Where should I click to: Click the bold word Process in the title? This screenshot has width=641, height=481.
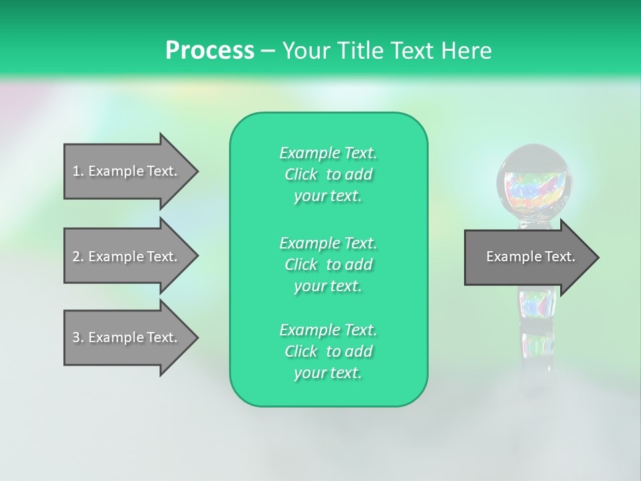[210, 50]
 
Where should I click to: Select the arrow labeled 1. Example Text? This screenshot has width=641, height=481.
[127, 171]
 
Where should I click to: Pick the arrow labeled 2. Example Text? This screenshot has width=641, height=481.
[127, 257]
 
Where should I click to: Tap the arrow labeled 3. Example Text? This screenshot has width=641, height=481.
[127, 337]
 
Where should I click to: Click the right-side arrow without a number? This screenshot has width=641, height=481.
[527, 257]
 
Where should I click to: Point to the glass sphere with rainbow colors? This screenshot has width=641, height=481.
[536, 182]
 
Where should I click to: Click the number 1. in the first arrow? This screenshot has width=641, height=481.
[77, 171]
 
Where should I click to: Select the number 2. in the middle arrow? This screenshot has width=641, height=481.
[77, 257]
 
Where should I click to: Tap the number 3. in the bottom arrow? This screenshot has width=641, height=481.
[77, 337]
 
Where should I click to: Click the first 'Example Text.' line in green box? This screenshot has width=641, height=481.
[328, 153]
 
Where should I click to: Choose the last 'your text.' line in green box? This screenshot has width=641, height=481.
[328, 373]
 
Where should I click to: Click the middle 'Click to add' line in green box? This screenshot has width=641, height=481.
[328, 265]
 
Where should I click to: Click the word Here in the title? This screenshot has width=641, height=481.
[468, 50]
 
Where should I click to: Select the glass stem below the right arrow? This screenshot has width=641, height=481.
[536, 327]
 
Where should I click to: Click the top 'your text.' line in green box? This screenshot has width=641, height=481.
[328, 196]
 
